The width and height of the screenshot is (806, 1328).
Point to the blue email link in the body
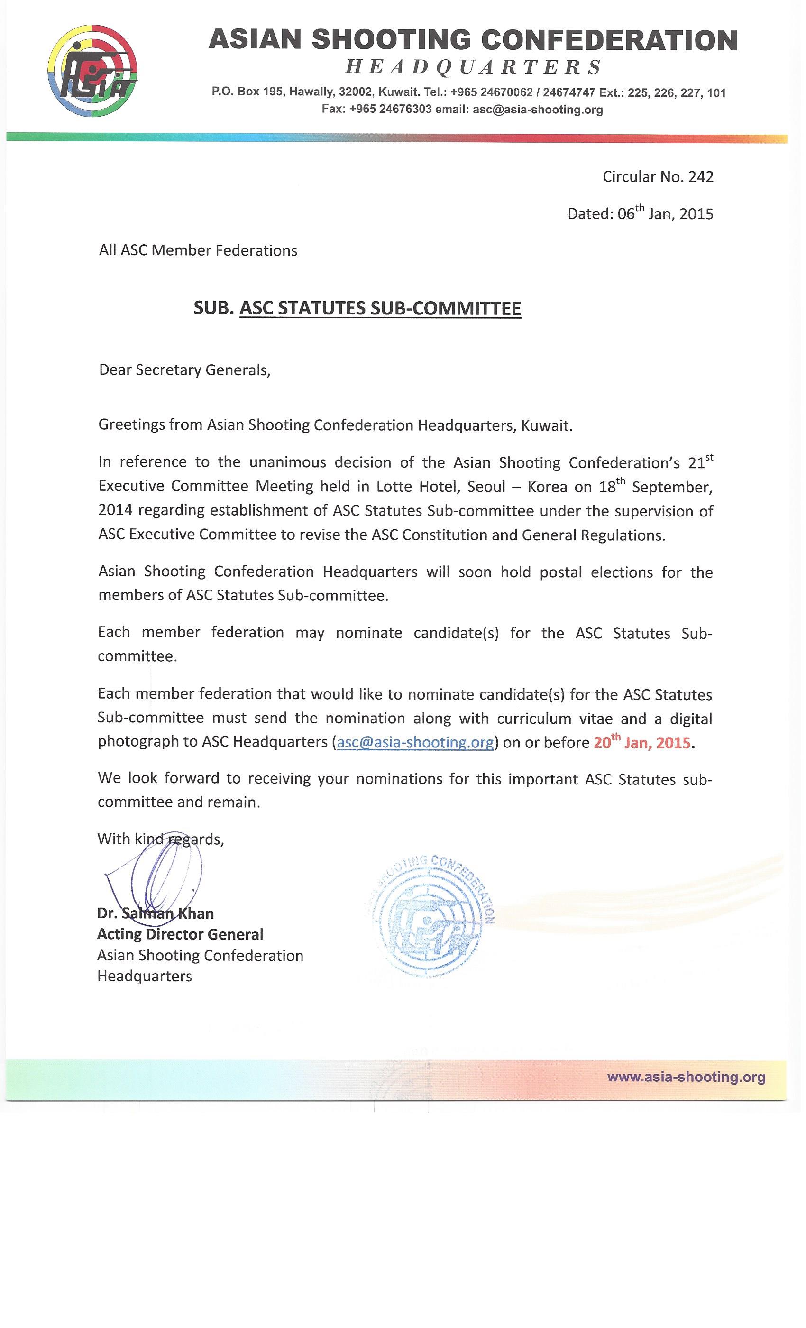[415, 743]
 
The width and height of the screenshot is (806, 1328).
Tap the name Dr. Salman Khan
[155, 913]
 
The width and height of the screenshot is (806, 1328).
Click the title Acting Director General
[180, 934]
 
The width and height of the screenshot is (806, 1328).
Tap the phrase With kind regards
[161, 839]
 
